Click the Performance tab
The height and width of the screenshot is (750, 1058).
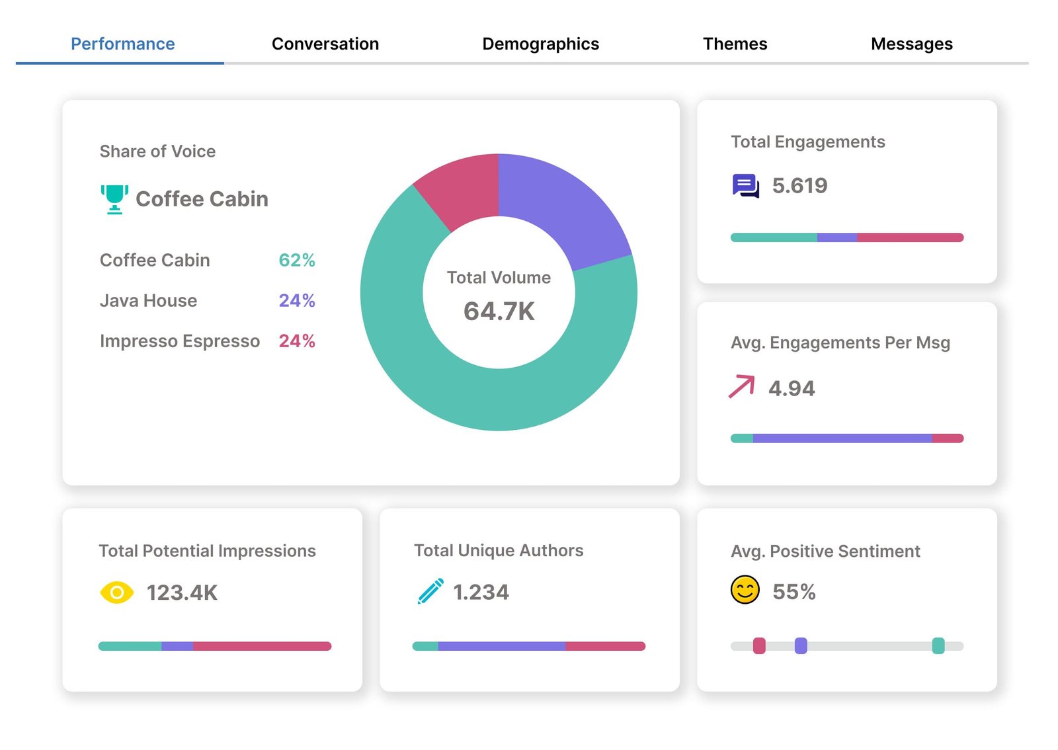[x=122, y=44]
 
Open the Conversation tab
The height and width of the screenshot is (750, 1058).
[x=325, y=44]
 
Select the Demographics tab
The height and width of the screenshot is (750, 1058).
[x=540, y=44]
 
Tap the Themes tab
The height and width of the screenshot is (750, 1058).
[x=735, y=44]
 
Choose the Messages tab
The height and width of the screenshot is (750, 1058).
[x=911, y=44]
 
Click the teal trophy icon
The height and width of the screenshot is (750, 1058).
[x=114, y=199]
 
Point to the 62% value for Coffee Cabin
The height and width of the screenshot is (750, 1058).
[x=296, y=260]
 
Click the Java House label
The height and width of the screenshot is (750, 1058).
[x=148, y=300]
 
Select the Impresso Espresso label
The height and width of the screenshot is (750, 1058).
[x=179, y=341]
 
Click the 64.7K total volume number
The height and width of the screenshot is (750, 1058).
[x=499, y=311]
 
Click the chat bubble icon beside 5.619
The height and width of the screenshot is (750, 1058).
[x=745, y=186]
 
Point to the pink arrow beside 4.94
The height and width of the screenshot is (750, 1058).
[x=742, y=386]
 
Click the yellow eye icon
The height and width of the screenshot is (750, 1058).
[x=116, y=593]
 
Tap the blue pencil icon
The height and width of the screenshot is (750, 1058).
[x=430, y=591]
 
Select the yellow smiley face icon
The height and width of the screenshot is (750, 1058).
[x=745, y=590]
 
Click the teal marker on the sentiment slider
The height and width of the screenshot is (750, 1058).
[x=938, y=646]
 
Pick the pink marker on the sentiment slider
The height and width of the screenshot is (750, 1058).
[x=759, y=646]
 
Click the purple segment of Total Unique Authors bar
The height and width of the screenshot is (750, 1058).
[x=501, y=646]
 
